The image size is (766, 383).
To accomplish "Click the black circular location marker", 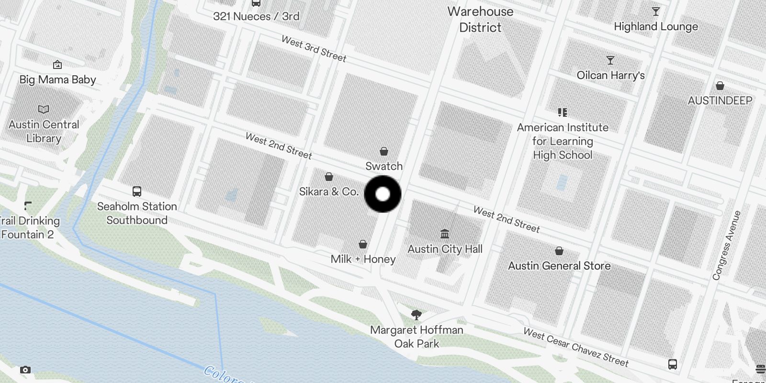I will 383,194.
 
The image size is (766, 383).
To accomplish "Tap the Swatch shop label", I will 384,166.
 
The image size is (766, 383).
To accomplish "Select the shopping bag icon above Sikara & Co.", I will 329,177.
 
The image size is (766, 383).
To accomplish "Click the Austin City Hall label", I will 445,249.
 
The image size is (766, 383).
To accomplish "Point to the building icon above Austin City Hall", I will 445,234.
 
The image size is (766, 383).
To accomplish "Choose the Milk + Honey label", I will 363,259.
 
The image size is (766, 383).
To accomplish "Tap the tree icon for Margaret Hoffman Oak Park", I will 417,315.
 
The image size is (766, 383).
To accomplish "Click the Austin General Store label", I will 559,266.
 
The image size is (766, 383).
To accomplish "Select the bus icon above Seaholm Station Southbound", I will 137,191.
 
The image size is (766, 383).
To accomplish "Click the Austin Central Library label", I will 44,131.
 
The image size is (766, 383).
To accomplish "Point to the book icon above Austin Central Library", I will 44,110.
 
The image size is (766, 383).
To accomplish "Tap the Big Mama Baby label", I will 57,79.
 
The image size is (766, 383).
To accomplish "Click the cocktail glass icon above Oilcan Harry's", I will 610,60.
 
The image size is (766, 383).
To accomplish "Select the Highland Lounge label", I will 656,26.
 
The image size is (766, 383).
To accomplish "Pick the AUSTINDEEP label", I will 720,101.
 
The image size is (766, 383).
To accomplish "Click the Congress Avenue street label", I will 726,245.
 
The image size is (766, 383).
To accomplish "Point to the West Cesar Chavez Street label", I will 575,347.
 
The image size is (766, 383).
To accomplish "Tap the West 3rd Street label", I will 314,49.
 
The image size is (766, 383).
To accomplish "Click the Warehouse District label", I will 480,19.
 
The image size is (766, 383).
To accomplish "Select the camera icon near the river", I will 25,370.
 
